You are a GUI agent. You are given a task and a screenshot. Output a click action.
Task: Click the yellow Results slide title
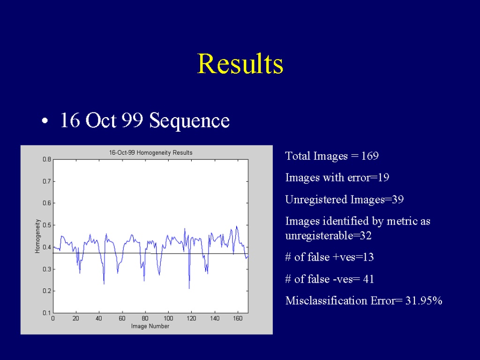pos(240,63)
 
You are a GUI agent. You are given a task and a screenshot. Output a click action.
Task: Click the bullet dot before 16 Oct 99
pos(45,120)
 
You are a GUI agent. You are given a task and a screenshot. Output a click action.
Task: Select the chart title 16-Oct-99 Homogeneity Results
pos(150,152)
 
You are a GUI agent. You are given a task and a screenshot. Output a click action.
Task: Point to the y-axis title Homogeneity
pos(37,236)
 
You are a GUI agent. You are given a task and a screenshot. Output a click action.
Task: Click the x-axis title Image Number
pos(150,326)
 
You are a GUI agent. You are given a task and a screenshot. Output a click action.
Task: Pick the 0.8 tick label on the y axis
pos(47,159)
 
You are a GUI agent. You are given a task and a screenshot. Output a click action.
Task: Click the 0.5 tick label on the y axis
pos(47,225)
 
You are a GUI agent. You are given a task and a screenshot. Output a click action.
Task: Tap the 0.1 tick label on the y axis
pos(47,313)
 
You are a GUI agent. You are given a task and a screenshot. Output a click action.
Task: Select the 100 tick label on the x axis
pos(168,318)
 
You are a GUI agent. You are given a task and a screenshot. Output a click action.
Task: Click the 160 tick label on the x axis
pos(238,318)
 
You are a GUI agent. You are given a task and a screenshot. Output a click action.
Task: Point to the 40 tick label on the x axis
pos(99,318)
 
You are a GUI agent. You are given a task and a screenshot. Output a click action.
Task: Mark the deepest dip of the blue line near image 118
pos(189,288)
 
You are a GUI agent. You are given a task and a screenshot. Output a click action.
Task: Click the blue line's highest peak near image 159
pos(236,226)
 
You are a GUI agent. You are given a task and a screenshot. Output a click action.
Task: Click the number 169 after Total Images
pos(370,156)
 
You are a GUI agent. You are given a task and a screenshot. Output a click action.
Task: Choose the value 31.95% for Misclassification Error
pos(424,300)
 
